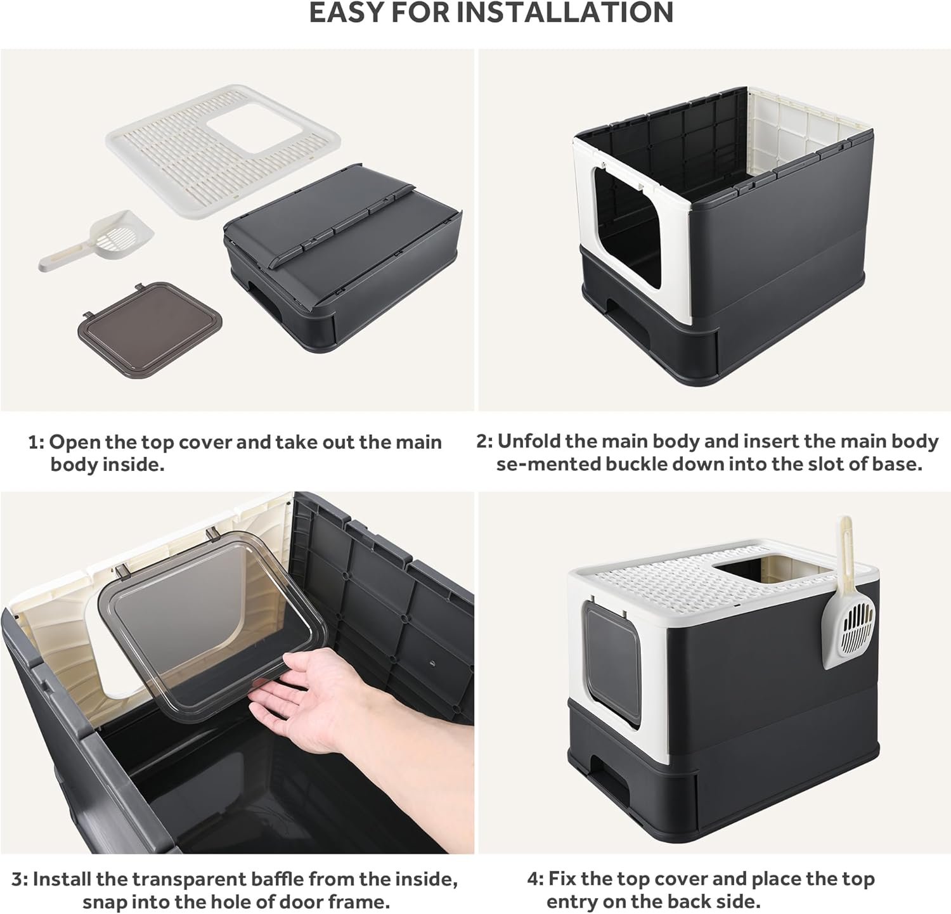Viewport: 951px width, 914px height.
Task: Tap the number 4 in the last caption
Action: point(534,879)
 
